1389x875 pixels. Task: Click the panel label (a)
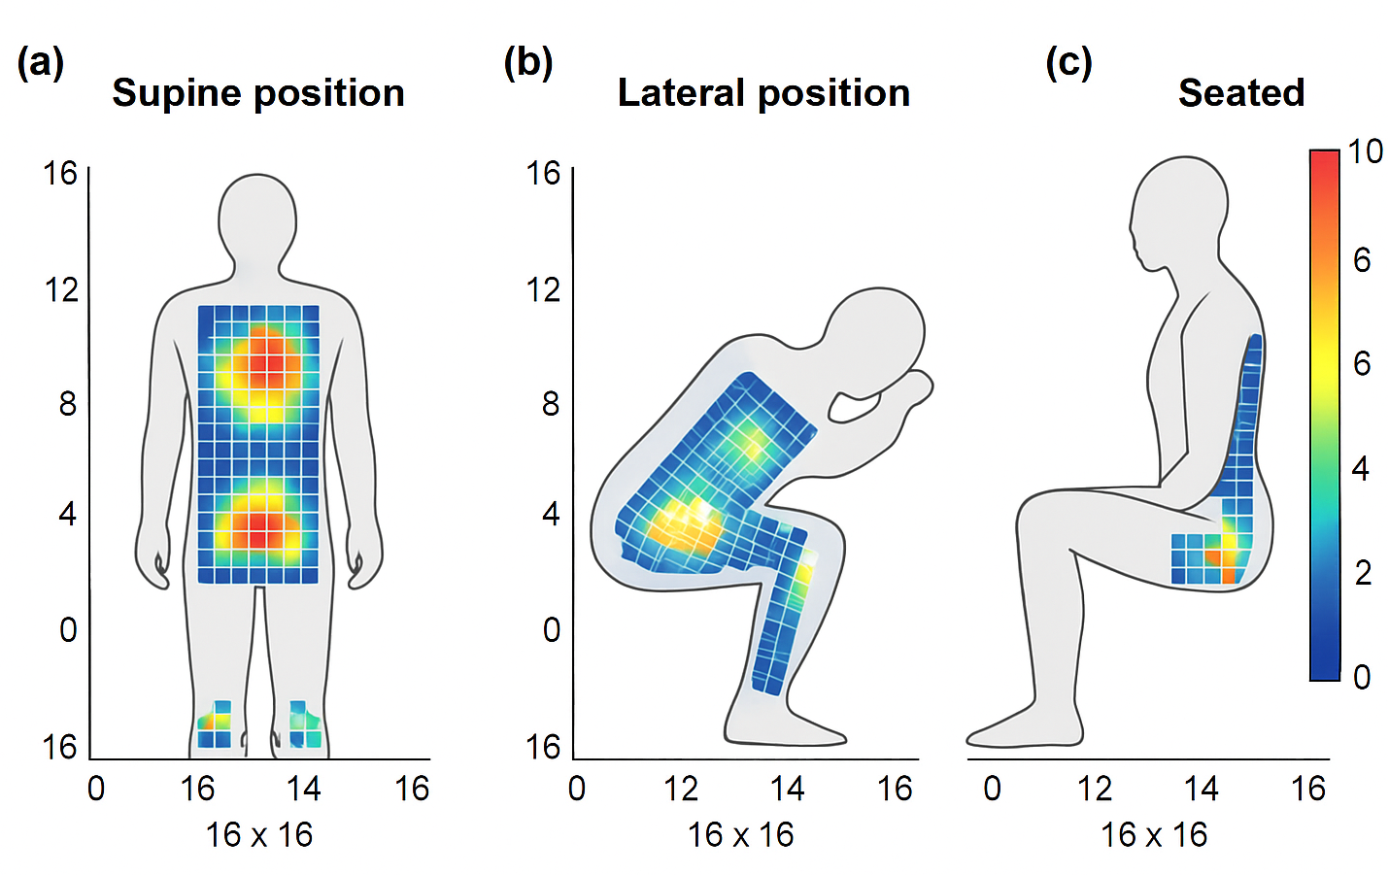41,63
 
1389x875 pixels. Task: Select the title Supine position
258,93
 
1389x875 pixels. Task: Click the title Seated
1241,93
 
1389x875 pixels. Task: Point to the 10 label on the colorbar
1365,151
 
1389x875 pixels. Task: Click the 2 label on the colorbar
1363,573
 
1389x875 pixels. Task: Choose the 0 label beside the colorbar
1362,677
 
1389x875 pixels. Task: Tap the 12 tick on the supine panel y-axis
61,289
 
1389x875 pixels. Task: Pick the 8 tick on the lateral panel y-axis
551,403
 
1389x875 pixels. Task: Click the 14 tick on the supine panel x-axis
303,788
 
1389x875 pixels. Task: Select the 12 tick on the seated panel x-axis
1095,788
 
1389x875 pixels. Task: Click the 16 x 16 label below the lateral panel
741,834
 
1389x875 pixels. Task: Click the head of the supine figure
257,219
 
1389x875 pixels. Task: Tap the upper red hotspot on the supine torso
263,366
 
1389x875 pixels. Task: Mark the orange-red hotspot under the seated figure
1217,557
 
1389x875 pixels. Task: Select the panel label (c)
1068,63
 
